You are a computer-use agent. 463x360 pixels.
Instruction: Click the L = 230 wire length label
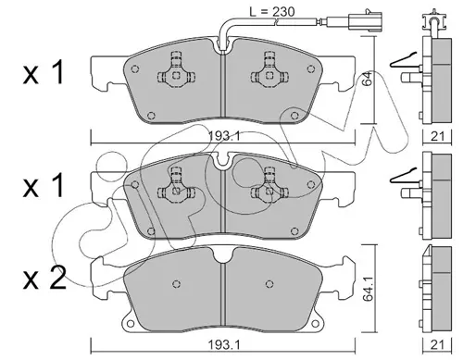(x=272, y=12)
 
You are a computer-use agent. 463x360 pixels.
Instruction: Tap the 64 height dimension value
(x=368, y=79)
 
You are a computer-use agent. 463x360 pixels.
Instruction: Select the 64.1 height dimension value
(x=369, y=289)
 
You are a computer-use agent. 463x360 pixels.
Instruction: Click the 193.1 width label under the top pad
(x=224, y=136)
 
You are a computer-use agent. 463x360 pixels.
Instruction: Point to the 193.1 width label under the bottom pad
(x=224, y=345)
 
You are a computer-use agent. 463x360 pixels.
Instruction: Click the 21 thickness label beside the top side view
(x=437, y=136)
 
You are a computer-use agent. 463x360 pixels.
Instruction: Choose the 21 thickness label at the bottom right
(x=437, y=345)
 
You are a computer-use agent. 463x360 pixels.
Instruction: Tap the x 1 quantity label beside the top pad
(x=44, y=72)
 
